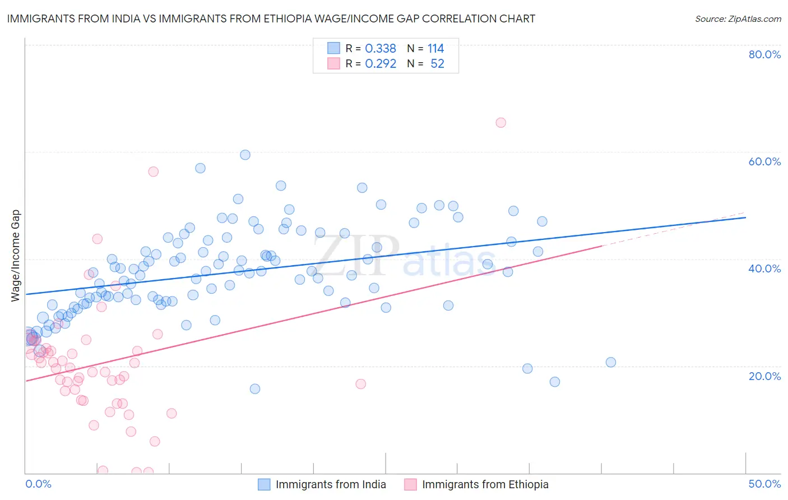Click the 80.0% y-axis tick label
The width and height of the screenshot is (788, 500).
tap(764, 54)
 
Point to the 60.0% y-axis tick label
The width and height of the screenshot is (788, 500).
tap(764, 161)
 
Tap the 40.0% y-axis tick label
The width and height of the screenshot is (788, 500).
tap(764, 268)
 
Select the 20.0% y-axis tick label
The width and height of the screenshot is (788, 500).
tap(764, 376)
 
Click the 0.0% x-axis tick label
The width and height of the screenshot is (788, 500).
tap(38, 484)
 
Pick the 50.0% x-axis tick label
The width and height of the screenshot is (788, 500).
tap(764, 484)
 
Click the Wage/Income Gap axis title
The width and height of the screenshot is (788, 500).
tap(16, 256)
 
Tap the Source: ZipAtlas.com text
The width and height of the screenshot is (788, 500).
tap(738, 18)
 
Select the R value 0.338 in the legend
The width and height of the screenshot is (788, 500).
tap(381, 49)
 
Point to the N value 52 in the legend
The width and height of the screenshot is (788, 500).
tap(437, 64)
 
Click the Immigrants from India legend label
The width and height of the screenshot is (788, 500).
tap(331, 484)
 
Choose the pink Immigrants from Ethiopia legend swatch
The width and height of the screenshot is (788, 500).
tap(410, 484)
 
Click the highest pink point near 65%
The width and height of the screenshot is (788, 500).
tap(501, 123)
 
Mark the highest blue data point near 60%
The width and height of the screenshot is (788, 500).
tap(245, 155)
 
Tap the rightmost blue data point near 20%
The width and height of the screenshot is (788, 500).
tap(611, 362)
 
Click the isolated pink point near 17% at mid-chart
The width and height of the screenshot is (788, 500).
tap(361, 384)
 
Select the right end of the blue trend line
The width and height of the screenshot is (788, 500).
tap(745, 217)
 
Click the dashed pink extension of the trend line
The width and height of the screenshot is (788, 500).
tap(673, 229)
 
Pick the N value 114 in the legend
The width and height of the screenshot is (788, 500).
tap(435, 49)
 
